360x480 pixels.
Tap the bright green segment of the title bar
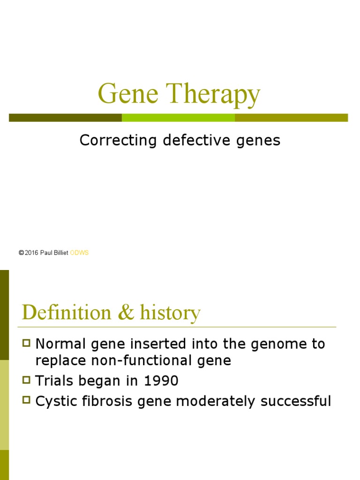pyautogui.click(x=178, y=118)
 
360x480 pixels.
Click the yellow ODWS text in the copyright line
pyautogui.click(x=79, y=253)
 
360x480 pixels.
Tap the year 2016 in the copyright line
pyautogui.click(x=31, y=253)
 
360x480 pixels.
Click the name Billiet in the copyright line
pyautogui.click(x=60, y=253)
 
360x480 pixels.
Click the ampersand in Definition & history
pyautogui.click(x=125, y=313)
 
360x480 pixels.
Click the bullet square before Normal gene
pyautogui.click(x=27, y=344)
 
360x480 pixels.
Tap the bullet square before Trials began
pyautogui.click(x=27, y=380)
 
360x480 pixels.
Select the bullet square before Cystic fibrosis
pyautogui.click(x=27, y=400)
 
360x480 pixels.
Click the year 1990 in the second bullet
pyautogui.click(x=161, y=381)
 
